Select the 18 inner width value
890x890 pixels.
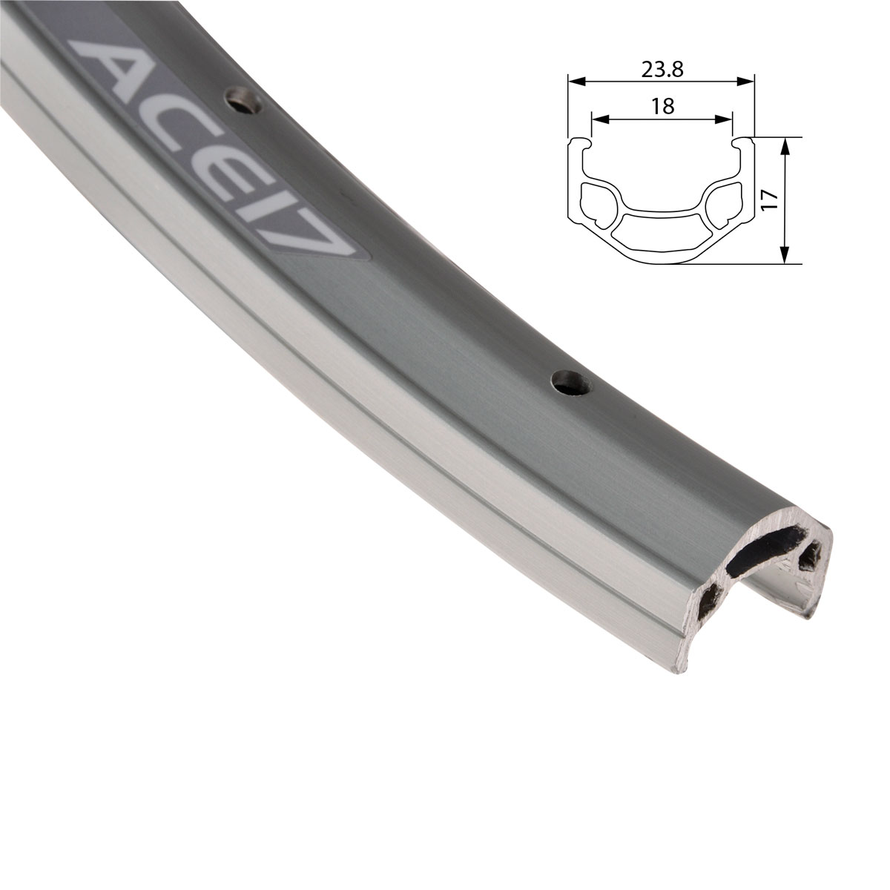tap(662, 106)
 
